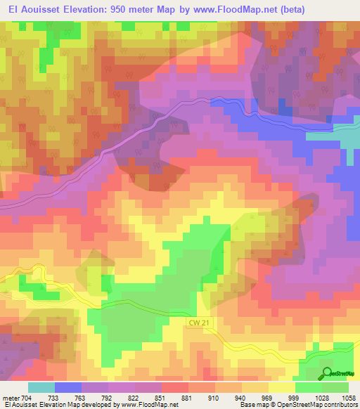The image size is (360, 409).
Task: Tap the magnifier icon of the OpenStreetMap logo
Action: [327, 372]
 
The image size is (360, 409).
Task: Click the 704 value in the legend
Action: [27, 397]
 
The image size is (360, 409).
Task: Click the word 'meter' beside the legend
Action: [11, 397]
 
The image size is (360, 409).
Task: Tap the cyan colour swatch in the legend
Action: [41, 387]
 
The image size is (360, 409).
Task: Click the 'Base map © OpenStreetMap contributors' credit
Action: [298, 405]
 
